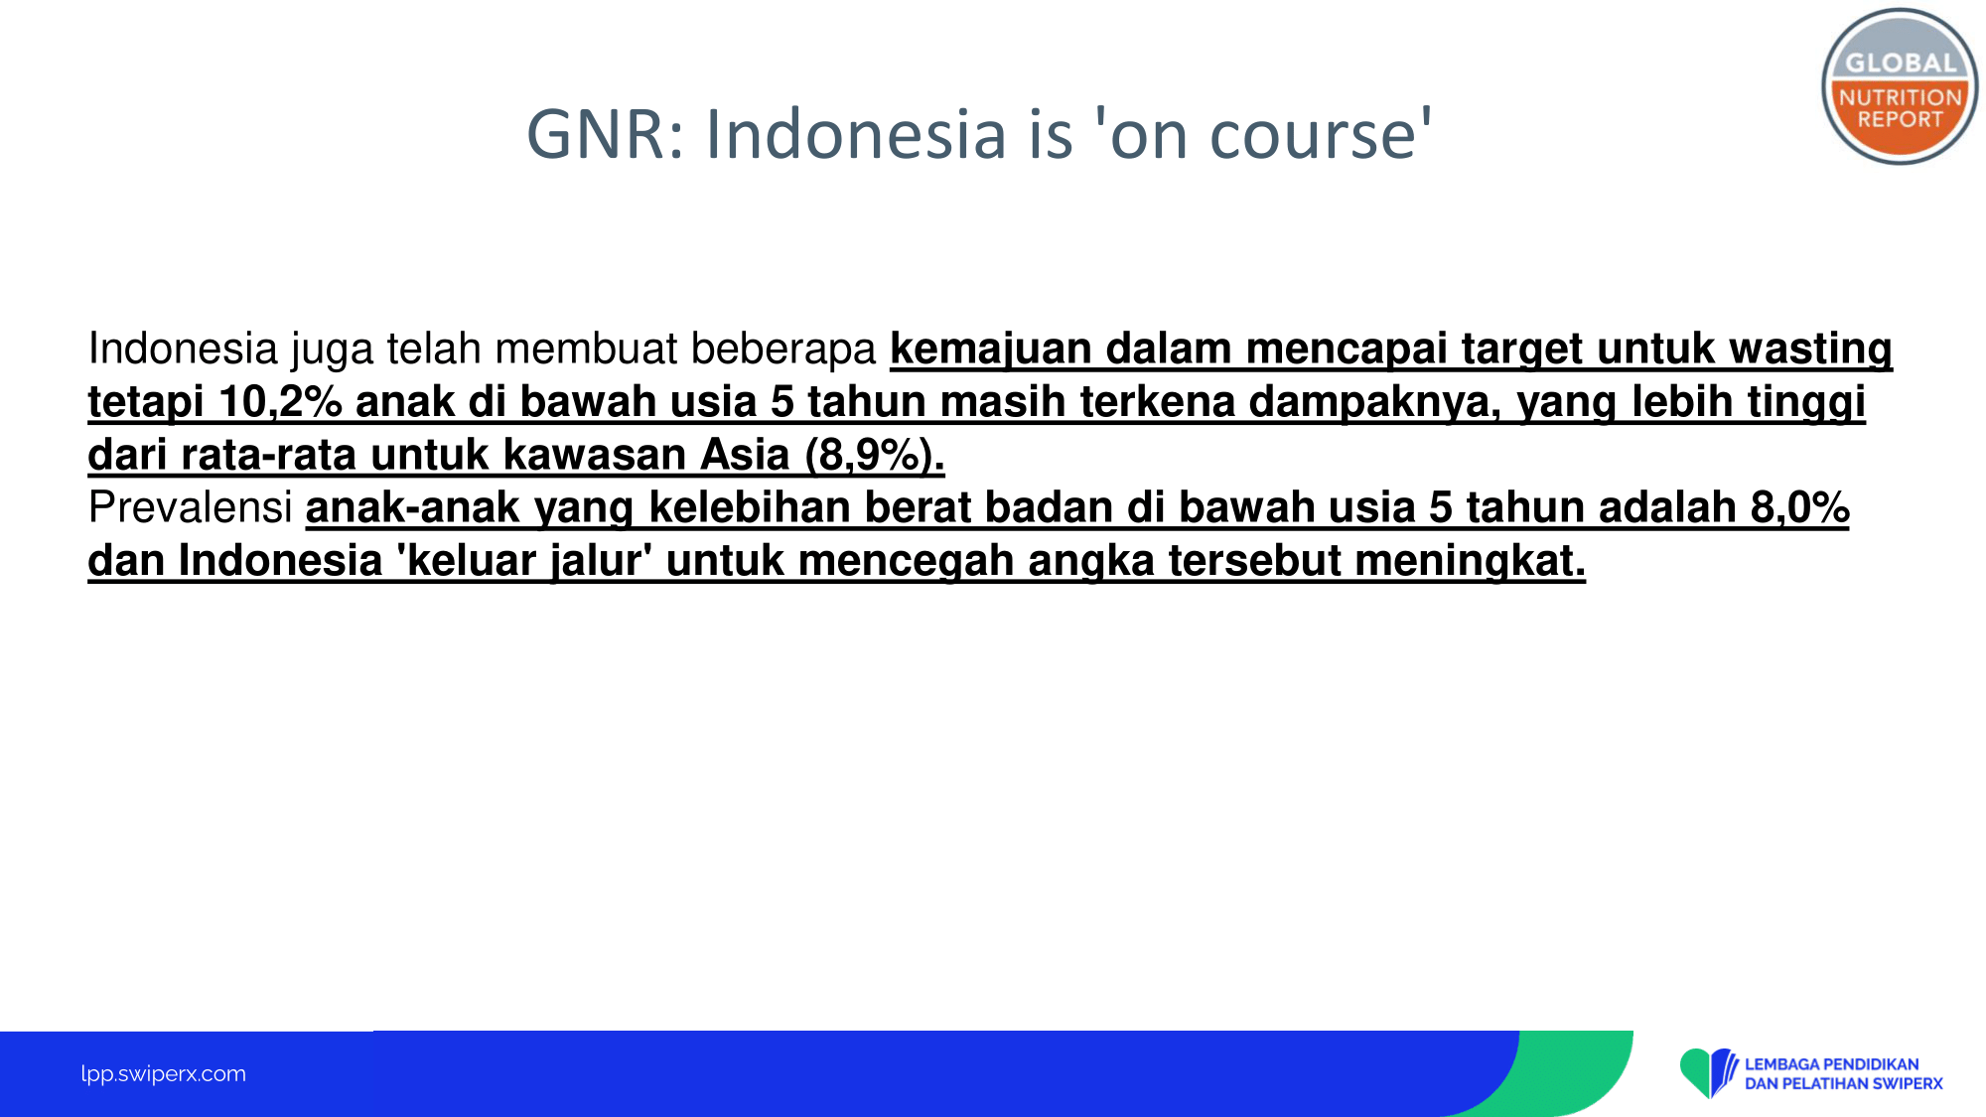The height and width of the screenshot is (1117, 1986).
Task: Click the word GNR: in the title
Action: (606, 134)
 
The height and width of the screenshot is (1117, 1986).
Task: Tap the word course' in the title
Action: (1321, 134)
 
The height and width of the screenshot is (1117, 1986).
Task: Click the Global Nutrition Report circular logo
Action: (1900, 87)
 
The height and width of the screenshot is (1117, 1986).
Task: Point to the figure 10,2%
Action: (280, 402)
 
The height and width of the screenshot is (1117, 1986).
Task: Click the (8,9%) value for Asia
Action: (875, 455)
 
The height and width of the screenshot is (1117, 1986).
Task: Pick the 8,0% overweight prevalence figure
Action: (1799, 507)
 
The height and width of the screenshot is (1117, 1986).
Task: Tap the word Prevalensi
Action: (190, 507)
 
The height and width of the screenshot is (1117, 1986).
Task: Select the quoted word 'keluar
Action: (467, 560)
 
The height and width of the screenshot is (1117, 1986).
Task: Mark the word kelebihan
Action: (749, 507)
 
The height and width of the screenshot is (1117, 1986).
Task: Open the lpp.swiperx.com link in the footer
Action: (163, 1073)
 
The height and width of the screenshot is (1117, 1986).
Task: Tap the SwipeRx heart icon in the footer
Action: (1708, 1073)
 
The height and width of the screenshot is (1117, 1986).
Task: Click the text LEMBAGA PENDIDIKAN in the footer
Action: (1831, 1064)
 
